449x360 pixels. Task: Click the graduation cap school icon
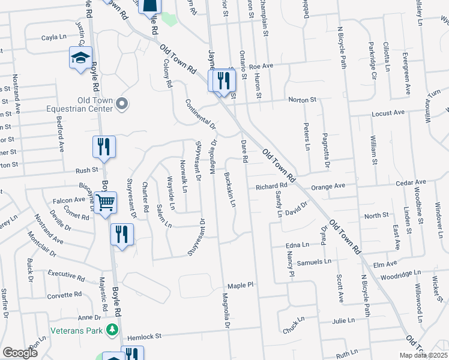pos(80,58)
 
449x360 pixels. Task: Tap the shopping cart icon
pos(106,202)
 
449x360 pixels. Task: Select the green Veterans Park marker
pos(111,329)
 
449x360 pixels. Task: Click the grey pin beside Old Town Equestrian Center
pos(122,104)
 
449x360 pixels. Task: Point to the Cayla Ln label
pos(53,37)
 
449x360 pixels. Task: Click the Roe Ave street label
pos(261,67)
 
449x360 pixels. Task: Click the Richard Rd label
pos(271,187)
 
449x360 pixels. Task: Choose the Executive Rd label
pos(66,275)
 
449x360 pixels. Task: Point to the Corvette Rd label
pos(64,295)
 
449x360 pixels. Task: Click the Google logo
pos(20,352)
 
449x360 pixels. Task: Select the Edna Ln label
pos(297,245)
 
